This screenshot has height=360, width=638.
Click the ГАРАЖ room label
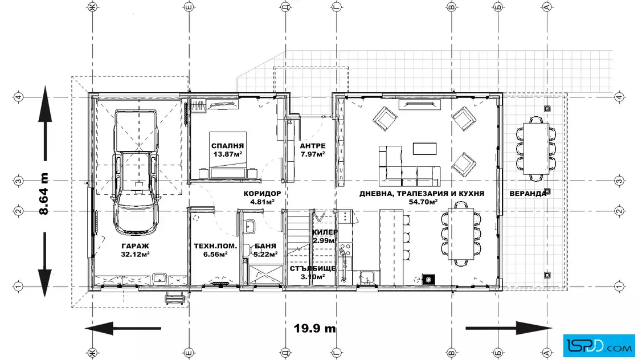135,246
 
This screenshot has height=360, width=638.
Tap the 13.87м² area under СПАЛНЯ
228,154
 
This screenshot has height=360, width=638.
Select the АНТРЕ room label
313,146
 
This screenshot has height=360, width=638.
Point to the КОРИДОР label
262,194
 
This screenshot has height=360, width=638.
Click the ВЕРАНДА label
527,194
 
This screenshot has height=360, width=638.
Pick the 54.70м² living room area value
423,201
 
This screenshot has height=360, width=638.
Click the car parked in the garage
136,172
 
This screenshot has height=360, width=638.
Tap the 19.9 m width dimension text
315,328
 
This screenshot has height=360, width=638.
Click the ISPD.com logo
599,345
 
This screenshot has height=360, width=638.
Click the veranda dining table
536,148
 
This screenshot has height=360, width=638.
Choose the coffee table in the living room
425,149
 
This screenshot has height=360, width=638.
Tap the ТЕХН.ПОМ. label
215,246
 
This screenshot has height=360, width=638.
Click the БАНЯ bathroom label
265,246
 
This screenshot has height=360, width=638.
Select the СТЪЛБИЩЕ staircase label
313,268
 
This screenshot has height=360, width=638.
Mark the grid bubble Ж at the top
93,7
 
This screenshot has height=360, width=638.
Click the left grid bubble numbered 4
19,97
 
